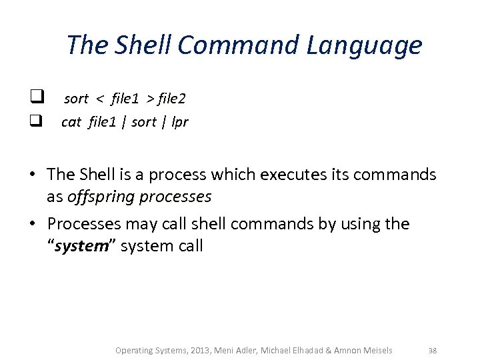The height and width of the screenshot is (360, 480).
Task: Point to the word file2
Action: point(172,99)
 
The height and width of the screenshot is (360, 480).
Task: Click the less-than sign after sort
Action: point(100,99)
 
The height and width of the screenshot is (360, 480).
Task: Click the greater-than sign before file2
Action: point(150,99)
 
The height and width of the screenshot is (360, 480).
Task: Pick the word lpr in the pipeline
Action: point(179,123)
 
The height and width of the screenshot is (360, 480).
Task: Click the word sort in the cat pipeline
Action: point(143,122)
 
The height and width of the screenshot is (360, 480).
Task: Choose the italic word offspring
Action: point(99,197)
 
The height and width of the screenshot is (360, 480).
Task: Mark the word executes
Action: point(300,175)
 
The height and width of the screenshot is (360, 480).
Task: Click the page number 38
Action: point(432,350)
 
